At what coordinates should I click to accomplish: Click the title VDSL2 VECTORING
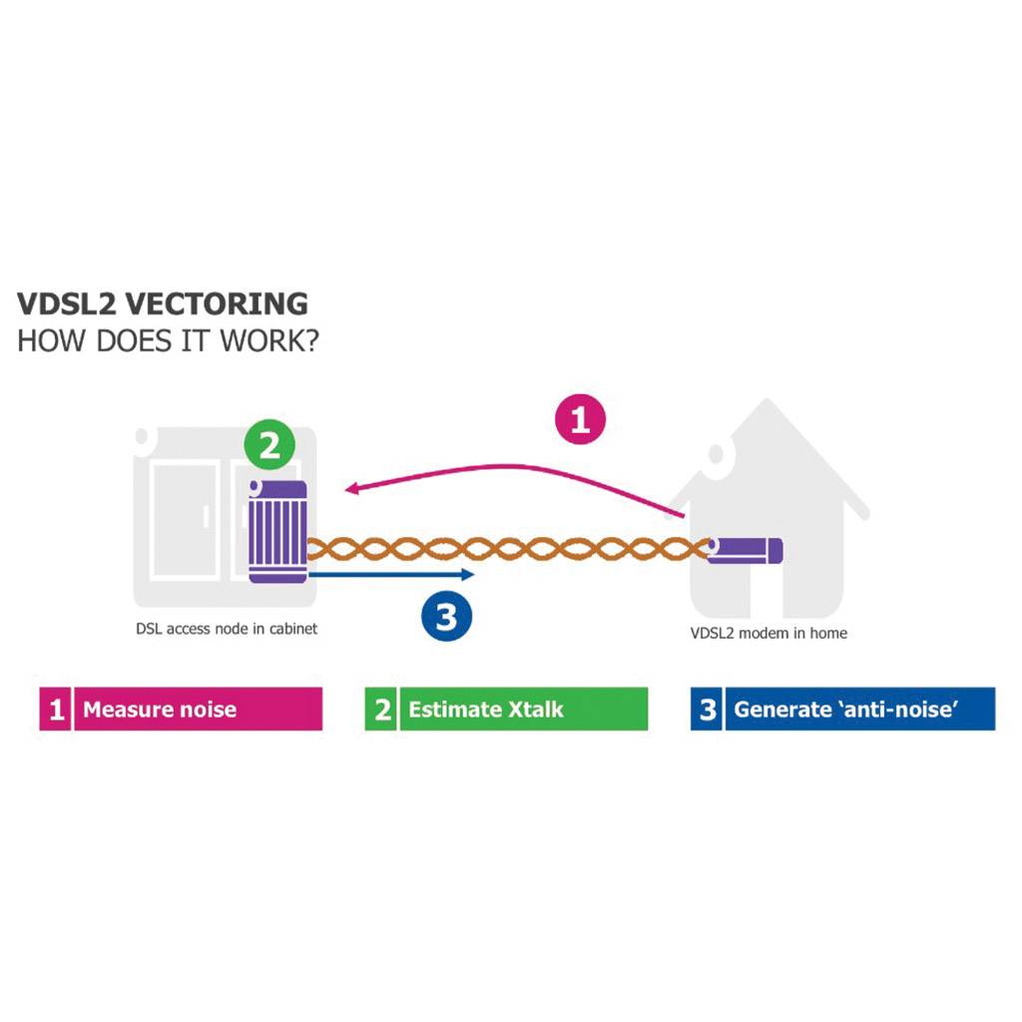point(163,304)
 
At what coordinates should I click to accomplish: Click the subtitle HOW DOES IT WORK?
point(168,340)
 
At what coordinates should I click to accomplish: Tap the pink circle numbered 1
point(580,419)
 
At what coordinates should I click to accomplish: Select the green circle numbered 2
point(270,446)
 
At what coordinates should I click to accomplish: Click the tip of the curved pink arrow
point(348,489)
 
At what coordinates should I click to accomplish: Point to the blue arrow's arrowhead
point(469,575)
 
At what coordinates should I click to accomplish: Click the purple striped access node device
point(278,532)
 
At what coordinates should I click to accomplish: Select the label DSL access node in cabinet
point(227,629)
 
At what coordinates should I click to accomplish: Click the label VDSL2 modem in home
point(768,633)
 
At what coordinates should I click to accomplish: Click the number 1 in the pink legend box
point(57,710)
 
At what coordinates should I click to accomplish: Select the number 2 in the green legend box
point(381,710)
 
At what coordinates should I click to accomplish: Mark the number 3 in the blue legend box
point(708,710)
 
